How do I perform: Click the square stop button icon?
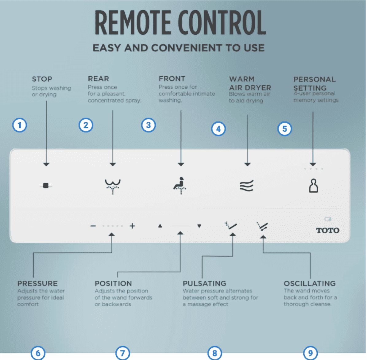click(46, 186)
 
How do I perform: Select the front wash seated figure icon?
click(180, 186)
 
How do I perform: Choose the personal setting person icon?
click(313, 186)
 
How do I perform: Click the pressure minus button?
click(93, 226)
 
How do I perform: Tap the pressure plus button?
click(132, 226)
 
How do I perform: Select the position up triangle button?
click(160, 226)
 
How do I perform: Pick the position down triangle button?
click(199, 226)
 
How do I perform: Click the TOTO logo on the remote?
click(328, 230)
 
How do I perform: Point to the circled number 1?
click(20, 125)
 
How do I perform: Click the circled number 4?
click(218, 129)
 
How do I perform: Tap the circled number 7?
click(123, 353)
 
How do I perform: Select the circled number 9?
click(310, 353)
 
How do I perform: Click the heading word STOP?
click(42, 79)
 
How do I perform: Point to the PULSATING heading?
click(204, 284)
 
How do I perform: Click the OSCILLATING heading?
click(310, 284)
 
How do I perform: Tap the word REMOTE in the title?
click(133, 23)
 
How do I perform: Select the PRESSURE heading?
click(37, 284)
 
